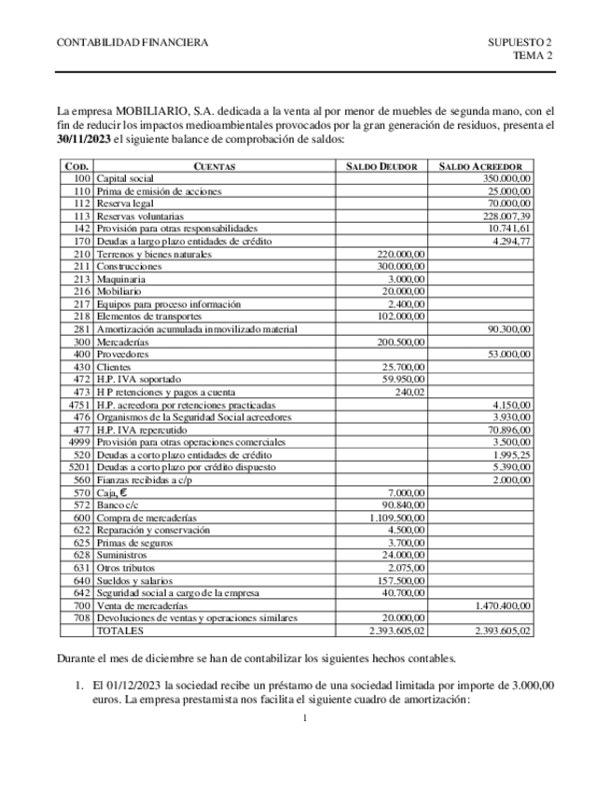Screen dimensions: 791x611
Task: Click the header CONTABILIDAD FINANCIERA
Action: [x=132, y=43]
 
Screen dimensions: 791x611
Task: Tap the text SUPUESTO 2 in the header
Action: [x=520, y=43]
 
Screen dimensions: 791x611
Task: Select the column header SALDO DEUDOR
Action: [x=382, y=166]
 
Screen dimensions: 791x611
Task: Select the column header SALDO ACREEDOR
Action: [x=487, y=166]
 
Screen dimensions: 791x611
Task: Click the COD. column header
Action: [x=76, y=166]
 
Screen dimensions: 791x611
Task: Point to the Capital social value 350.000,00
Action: [x=507, y=177]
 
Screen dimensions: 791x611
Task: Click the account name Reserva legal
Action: [x=125, y=203]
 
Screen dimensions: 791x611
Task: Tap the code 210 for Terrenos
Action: [x=82, y=254]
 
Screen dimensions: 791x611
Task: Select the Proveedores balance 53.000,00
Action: [x=509, y=355]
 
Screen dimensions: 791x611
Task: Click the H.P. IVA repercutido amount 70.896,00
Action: [x=509, y=430]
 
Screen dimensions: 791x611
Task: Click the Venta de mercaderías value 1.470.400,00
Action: [x=503, y=605]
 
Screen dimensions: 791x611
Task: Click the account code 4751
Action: [x=79, y=405]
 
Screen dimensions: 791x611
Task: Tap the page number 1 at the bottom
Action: [x=306, y=717]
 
